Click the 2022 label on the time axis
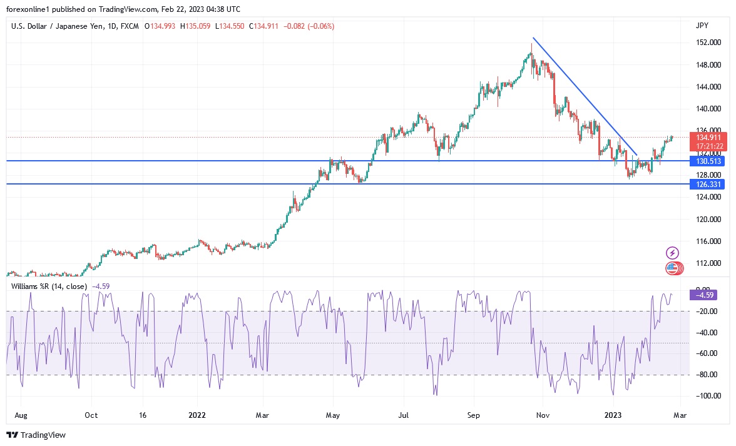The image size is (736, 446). [x=197, y=415]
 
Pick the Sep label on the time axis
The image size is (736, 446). [x=474, y=415]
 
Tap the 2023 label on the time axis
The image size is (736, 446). [x=613, y=415]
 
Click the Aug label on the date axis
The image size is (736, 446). [x=20, y=415]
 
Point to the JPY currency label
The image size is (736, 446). [x=702, y=26]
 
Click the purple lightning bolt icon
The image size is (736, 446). [x=672, y=253]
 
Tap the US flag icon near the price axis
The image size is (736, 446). [x=672, y=268]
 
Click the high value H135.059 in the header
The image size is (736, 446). [x=195, y=26]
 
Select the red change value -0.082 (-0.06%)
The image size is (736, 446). [x=309, y=26]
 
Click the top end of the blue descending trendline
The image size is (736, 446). [x=533, y=38]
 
